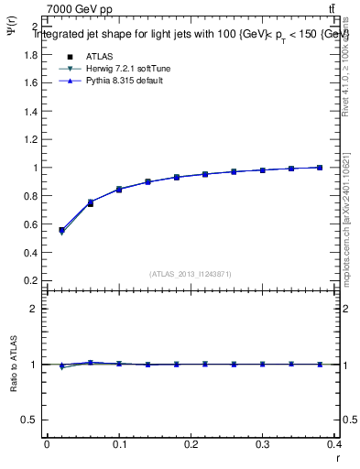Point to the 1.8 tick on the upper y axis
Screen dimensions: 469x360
(x=28, y=55)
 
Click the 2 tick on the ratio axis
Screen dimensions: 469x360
(x=33, y=309)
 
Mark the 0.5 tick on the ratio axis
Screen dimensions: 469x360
(x=28, y=420)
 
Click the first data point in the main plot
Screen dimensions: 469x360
(x=61, y=230)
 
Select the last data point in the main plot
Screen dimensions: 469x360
(x=320, y=168)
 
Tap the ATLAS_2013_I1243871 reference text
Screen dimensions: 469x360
(x=190, y=273)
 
